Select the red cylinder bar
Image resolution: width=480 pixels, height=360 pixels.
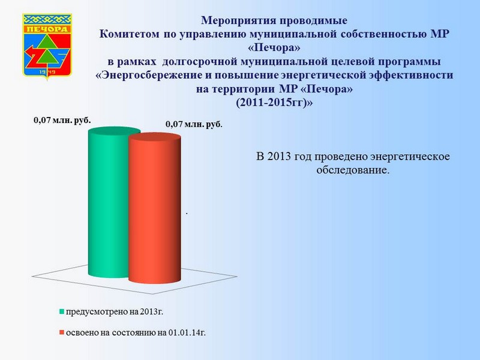[x=155, y=208]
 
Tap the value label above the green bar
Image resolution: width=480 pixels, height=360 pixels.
[x=62, y=121]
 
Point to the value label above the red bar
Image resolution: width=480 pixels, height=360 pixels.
[x=194, y=125]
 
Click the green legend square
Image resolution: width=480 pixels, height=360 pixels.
[x=62, y=312]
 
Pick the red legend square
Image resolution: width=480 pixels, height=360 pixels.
[x=62, y=332]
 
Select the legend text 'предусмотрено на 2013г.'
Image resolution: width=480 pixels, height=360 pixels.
[x=115, y=312]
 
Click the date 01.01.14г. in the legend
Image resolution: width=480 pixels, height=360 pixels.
[x=187, y=332]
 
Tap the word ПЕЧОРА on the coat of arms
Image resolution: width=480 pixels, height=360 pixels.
[x=47, y=29]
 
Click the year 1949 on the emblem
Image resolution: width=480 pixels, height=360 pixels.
[x=47, y=71]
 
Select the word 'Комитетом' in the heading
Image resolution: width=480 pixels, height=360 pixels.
[x=129, y=34]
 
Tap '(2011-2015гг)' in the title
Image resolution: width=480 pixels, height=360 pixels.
[x=274, y=103]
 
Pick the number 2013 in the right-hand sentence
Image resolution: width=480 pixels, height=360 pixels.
[x=279, y=157]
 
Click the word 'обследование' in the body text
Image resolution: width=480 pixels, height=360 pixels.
[x=353, y=170]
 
